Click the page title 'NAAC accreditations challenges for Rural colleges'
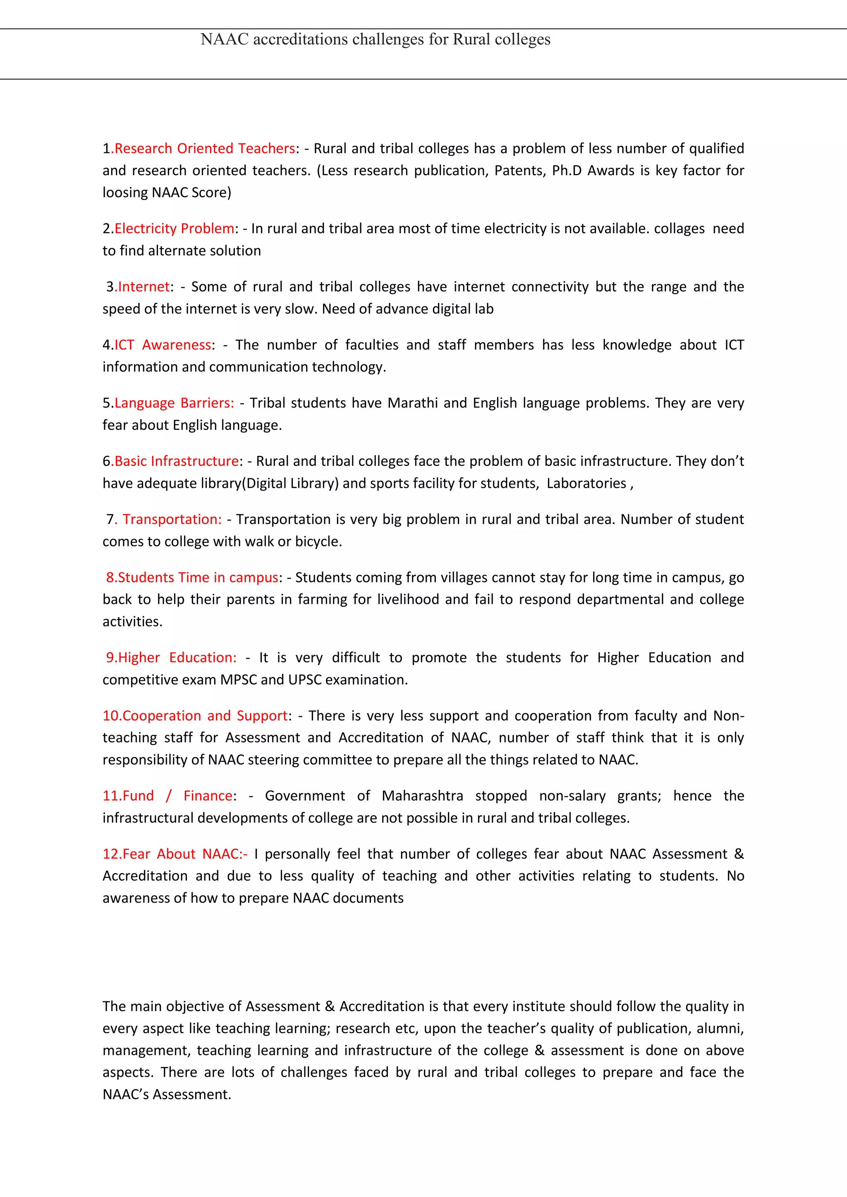pyautogui.click(x=375, y=40)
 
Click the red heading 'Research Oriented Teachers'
pyautogui.click(x=204, y=148)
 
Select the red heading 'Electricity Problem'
pyautogui.click(x=174, y=229)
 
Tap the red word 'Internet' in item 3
pyautogui.click(x=144, y=287)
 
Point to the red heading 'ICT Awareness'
pyautogui.click(x=163, y=345)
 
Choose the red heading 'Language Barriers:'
pyautogui.click(x=174, y=403)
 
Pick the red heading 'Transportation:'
pyautogui.click(x=172, y=519)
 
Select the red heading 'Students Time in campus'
pyautogui.click(x=198, y=578)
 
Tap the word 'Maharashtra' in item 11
pyautogui.click(x=422, y=796)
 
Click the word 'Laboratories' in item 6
pyautogui.click(x=586, y=483)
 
